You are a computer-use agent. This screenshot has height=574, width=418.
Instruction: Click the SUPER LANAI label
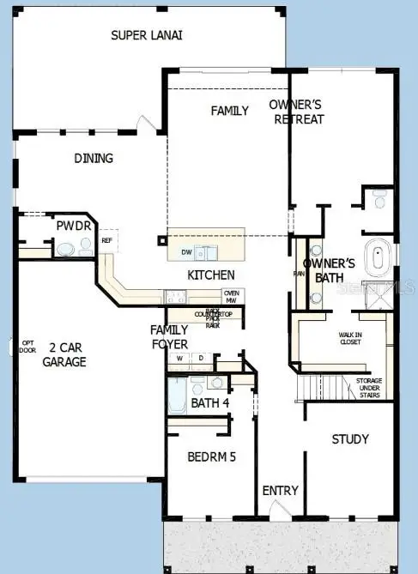147,35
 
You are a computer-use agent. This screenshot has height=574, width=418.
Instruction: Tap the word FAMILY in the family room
230,111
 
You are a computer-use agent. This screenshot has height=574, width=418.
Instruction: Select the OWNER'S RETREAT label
297,112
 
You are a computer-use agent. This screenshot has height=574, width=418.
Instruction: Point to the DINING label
94,159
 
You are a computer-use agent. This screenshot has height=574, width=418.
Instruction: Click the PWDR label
68,226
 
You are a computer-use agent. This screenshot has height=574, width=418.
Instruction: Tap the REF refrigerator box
106,241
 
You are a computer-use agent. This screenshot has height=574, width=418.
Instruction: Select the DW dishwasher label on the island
186,252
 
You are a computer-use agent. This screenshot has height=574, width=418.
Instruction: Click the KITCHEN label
211,275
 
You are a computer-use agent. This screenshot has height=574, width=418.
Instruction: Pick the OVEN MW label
231,296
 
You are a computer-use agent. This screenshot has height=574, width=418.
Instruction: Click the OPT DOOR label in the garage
27,347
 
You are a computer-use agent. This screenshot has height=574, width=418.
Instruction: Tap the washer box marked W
180,358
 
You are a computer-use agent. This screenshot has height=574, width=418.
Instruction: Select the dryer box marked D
201,358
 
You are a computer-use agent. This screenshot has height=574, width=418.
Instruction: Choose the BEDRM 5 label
211,457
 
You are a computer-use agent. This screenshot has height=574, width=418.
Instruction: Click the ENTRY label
281,491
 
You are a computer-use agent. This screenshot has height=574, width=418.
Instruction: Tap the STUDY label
350,439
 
